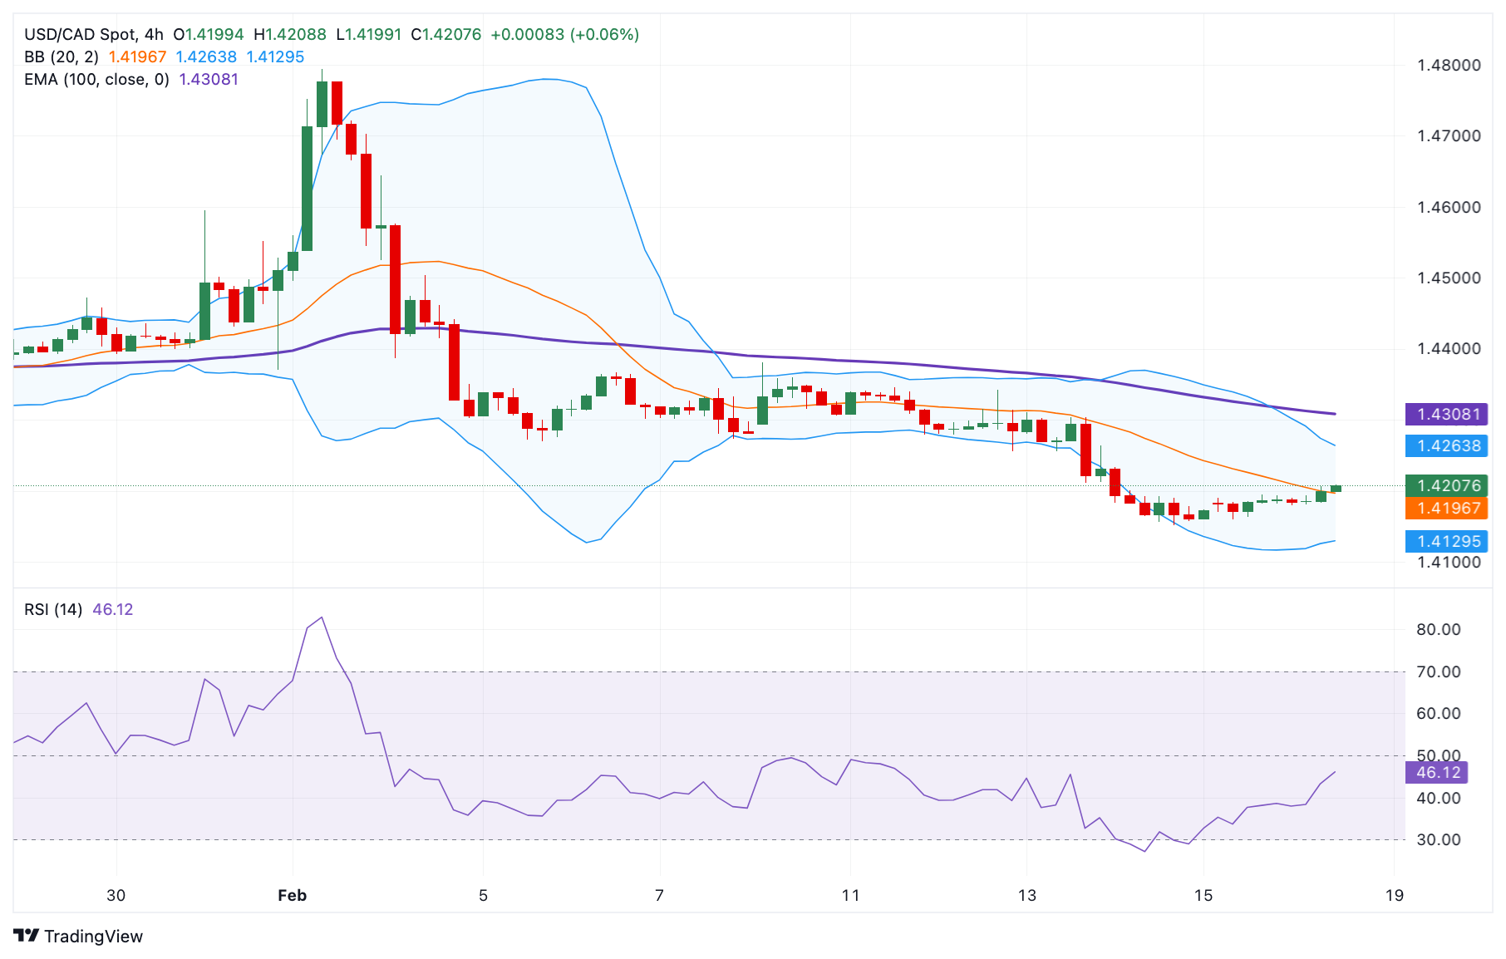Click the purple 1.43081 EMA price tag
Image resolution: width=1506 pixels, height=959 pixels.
(x=1448, y=414)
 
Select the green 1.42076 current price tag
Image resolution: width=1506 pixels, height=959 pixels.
(x=1448, y=485)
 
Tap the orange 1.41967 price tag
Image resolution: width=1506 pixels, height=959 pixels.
(x=1448, y=508)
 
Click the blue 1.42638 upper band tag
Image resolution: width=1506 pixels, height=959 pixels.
(x=1448, y=446)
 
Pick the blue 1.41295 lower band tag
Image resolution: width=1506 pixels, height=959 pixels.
(x=1448, y=541)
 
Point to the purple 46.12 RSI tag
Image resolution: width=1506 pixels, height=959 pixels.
(x=1437, y=772)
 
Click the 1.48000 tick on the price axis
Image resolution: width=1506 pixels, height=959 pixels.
(x=1448, y=65)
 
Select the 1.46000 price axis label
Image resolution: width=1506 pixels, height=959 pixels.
(x=1448, y=207)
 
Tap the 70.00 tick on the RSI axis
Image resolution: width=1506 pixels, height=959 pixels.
(x=1438, y=671)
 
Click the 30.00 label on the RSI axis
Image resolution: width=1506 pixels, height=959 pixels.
(x=1438, y=839)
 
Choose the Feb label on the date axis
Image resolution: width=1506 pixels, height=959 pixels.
(x=292, y=895)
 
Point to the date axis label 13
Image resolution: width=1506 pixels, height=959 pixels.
(x=1027, y=895)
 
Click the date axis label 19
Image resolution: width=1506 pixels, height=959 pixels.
(x=1394, y=895)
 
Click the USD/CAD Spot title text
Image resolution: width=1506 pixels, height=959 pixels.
(x=80, y=34)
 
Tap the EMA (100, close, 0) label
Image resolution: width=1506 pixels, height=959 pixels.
(x=96, y=79)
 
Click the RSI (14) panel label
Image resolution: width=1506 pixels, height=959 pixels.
(x=53, y=609)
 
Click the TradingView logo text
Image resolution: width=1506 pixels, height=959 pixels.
(x=92, y=937)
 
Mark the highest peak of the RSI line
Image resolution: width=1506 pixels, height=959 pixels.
(x=322, y=617)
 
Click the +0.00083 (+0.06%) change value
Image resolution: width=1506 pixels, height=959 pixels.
(x=564, y=34)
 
